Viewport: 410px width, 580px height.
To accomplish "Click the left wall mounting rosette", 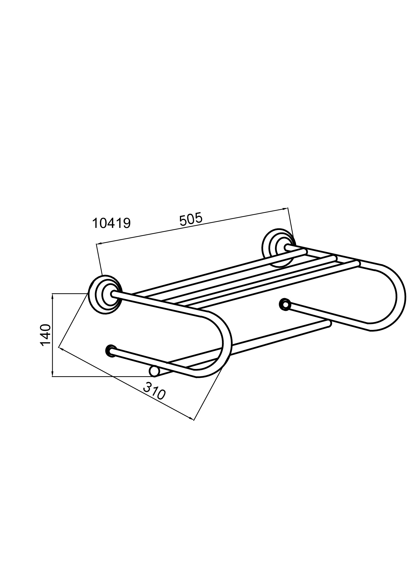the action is [x=105, y=295].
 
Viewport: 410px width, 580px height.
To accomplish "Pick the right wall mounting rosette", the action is [x=278, y=248].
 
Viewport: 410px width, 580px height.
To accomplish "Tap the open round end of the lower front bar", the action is [x=154, y=371].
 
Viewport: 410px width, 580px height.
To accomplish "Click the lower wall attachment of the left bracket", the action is [x=111, y=351].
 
